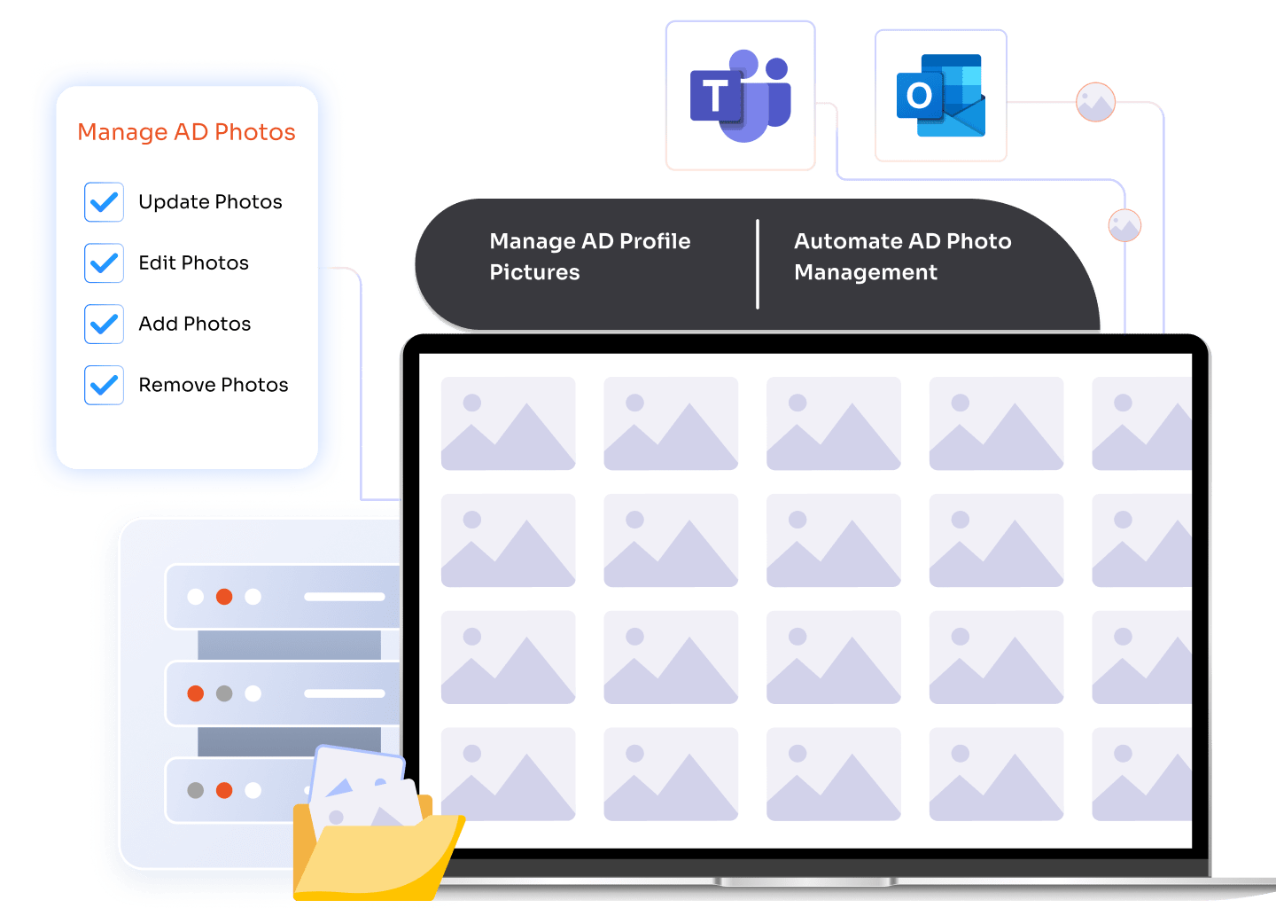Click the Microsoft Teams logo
[x=740, y=96]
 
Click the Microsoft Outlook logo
[x=940, y=96]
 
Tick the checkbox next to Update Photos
[x=104, y=202]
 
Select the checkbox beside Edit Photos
[x=104, y=263]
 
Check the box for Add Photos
[x=104, y=325]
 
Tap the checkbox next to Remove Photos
[x=104, y=386]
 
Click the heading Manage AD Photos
[x=186, y=132]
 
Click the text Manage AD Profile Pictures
[x=589, y=256]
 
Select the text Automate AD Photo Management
[x=902, y=256]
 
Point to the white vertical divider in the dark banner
[x=758, y=264]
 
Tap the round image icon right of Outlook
[x=1095, y=103]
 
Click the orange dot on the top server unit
[x=224, y=597]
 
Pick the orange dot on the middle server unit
[x=196, y=693]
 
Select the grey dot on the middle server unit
[x=224, y=693]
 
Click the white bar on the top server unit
[x=344, y=597]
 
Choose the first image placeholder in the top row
[x=508, y=424]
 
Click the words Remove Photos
[x=214, y=386]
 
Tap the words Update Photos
[x=210, y=202]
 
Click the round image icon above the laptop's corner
[x=1124, y=225]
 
